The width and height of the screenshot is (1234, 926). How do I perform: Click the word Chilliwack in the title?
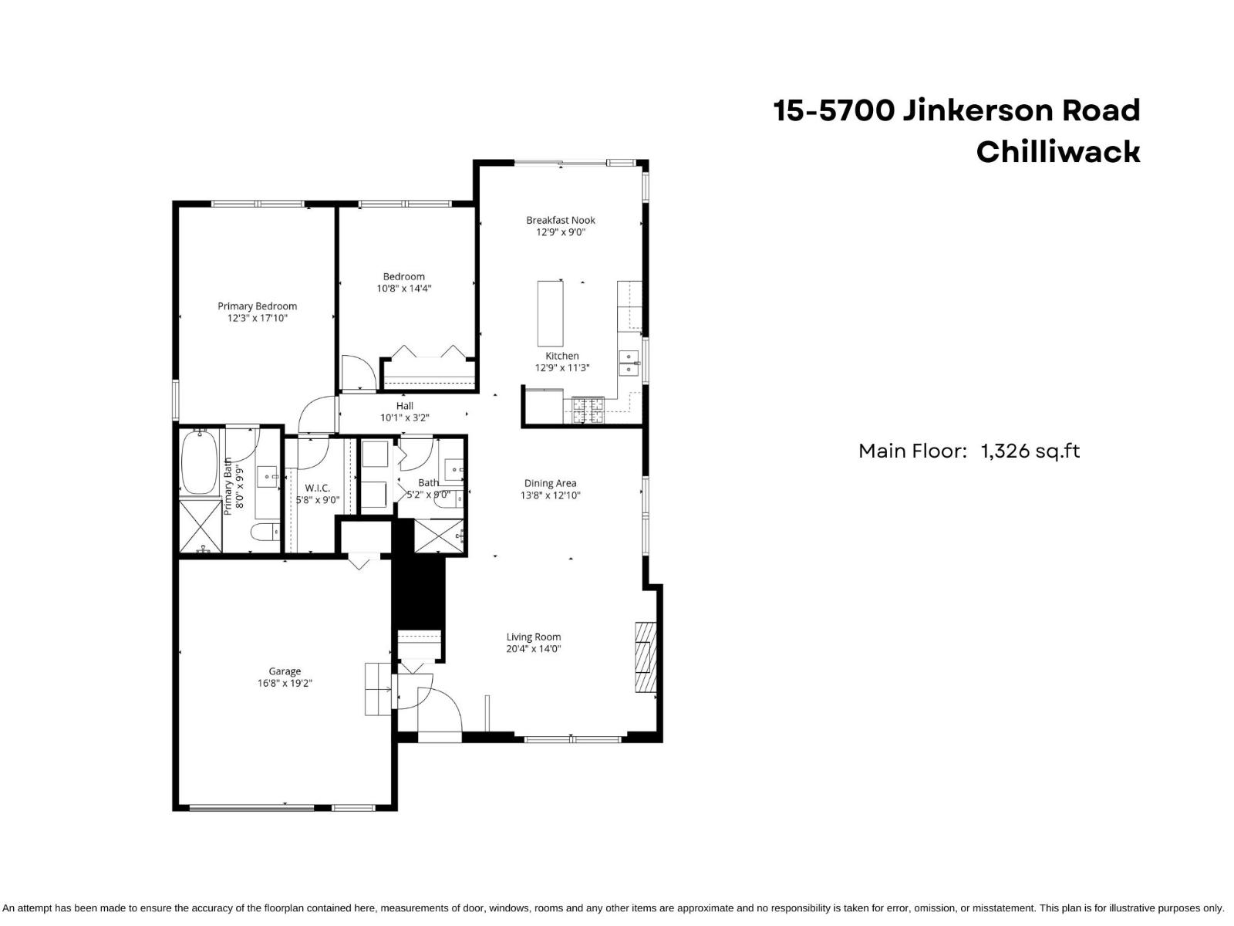pos(1057,151)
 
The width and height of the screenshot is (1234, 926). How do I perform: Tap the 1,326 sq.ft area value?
pos(1030,451)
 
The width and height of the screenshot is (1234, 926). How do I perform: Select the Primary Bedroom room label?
pos(257,306)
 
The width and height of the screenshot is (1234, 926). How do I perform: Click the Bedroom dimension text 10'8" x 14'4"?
pos(403,289)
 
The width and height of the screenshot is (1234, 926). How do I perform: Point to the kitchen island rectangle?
pos(550,313)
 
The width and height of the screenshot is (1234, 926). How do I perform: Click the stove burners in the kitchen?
pos(587,409)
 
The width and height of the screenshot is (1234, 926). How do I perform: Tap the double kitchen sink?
pos(630,362)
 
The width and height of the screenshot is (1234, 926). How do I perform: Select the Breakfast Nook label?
pos(561,220)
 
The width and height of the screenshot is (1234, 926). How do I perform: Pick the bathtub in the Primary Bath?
pos(199,462)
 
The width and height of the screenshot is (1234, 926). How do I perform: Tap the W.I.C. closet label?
pos(317,488)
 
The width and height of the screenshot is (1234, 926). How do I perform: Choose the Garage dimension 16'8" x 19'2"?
pos(285,683)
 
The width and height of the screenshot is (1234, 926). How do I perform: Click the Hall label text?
pos(405,406)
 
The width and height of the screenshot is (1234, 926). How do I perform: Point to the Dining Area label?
pos(550,484)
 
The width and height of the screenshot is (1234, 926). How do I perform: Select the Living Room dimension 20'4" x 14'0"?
pos(533,649)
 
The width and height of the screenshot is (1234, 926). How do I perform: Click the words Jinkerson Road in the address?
pos(1020,110)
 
